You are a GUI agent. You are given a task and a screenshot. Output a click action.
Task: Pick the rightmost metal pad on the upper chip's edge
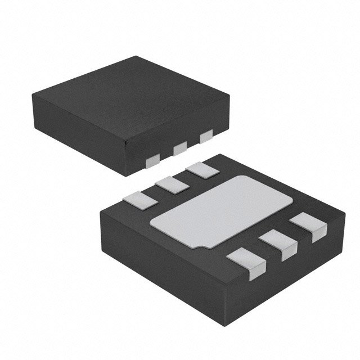(x=206, y=136)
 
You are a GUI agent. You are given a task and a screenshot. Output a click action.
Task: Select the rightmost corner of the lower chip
(x=344, y=210)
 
